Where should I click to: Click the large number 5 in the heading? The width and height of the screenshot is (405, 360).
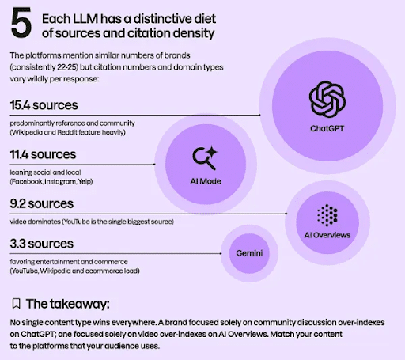click(x=21, y=23)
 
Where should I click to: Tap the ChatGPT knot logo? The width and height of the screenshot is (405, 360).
click(x=327, y=99)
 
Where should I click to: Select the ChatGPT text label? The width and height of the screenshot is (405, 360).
click(x=327, y=128)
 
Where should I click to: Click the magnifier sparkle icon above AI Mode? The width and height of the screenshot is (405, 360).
click(x=205, y=158)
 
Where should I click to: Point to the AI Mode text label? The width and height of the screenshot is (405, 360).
click(x=206, y=181)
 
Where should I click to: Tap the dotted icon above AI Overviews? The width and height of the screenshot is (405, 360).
click(x=327, y=215)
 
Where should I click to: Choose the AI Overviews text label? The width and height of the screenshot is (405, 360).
click(x=327, y=235)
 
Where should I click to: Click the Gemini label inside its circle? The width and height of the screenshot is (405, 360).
click(x=249, y=253)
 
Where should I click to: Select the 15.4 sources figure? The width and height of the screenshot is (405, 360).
click(x=44, y=105)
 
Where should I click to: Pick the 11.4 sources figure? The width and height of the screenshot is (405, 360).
click(x=43, y=154)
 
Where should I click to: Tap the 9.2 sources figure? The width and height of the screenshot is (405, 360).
click(x=42, y=203)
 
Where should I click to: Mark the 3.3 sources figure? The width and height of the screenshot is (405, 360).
click(x=42, y=244)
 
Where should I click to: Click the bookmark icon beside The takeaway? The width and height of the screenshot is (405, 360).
click(x=17, y=304)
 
